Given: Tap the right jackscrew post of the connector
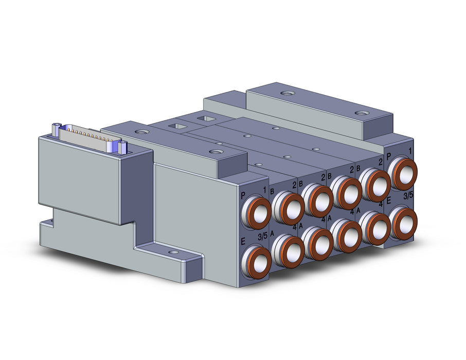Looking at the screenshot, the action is [x=122, y=148].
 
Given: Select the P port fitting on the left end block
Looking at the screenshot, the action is [x=256, y=212].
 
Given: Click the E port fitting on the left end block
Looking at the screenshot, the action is [x=256, y=260].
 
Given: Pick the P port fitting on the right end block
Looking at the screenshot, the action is [x=403, y=174].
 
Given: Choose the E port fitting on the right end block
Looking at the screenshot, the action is [x=403, y=222].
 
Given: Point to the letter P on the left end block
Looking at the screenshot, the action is [x=243, y=196].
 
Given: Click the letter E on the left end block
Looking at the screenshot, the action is [x=243, y=242].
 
